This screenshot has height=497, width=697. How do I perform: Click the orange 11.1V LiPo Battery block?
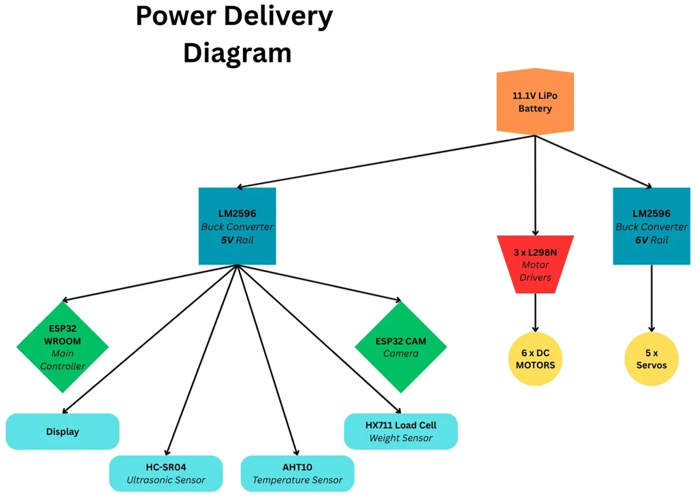(x=535, y=102)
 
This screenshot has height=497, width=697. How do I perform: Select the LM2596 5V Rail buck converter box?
(x=237, y=226)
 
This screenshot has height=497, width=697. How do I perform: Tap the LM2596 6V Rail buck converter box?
(x=652, y=226)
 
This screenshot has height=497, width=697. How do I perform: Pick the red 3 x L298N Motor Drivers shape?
(x=535, y=264)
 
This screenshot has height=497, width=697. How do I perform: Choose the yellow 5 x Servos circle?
(x=652, y=358)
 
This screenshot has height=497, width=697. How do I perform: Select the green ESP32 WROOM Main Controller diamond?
(x=63, y=347)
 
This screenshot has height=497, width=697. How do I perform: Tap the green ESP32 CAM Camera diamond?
(x=401, y=347)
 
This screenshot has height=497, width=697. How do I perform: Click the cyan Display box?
(x=63, y=432)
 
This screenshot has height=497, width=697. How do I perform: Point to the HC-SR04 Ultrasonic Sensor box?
(x=166, y=473)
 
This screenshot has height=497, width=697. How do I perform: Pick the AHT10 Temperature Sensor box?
(x=297, y=473)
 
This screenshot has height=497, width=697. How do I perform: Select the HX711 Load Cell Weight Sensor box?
(x=401, y=431)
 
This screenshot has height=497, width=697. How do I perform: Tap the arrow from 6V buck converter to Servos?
(x=652, y=298)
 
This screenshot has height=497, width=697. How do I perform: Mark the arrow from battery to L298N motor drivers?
(x=536, y=184)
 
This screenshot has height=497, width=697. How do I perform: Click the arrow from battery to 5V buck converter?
(x=381, y=161)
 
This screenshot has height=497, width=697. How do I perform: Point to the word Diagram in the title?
(x=237, y=52)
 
